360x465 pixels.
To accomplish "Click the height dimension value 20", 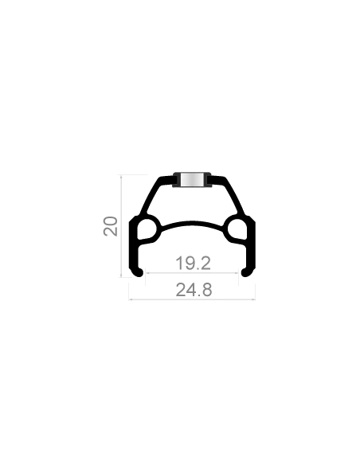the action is click(111, 226).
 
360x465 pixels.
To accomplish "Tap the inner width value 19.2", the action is click(193, 263).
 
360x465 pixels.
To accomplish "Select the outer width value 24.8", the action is click(194, 290).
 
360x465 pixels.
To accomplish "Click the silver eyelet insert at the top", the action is click(192, 180).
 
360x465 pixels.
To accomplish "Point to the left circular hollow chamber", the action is click(147, 229).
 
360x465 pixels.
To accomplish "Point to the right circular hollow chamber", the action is click(237, 229).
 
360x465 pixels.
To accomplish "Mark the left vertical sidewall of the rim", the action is click(132, 246).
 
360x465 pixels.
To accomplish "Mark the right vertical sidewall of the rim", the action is click(252, 246).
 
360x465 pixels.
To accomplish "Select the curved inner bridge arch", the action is click(192, 223).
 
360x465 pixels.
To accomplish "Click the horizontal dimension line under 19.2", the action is click(192, 273).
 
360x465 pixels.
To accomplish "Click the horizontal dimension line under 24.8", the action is click(192, 299).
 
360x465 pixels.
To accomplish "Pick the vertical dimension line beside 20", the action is click(121, 226).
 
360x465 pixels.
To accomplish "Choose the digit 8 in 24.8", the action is click(207, 290).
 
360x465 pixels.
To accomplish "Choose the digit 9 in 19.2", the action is click(189, 263).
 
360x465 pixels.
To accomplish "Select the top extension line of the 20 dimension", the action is click(134, 175).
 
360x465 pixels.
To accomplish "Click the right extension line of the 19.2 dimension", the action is click(238, 279).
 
